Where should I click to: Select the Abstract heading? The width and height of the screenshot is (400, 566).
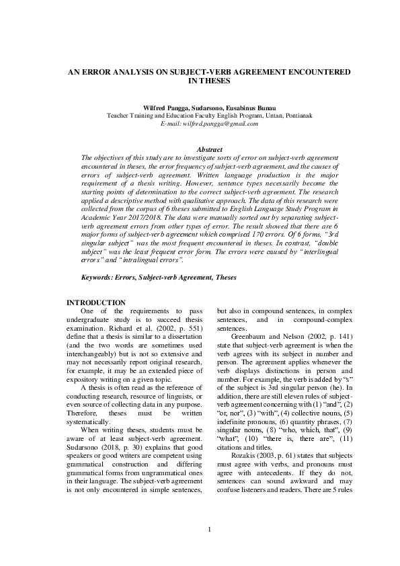[208, 149]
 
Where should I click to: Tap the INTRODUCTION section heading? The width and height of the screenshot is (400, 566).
[96, 302]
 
